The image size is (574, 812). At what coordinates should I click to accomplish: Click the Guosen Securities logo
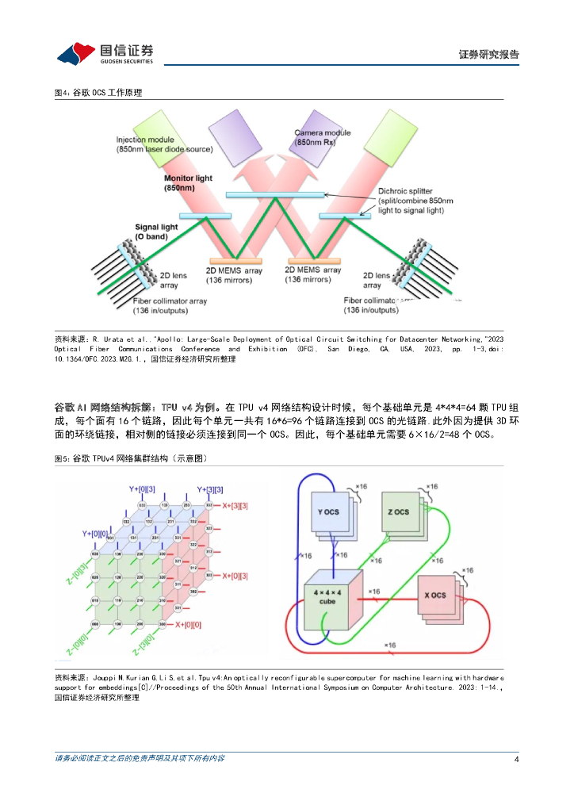coord(104,53)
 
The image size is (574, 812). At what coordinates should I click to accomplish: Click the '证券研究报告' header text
coord(488,55)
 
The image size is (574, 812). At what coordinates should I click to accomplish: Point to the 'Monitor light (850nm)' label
coord(188,183)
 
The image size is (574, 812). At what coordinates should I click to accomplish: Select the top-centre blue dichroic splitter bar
coord(275,194)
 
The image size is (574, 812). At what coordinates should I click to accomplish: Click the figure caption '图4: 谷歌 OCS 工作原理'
coord(98,93)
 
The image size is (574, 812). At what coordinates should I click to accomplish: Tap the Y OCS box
coord(327,512)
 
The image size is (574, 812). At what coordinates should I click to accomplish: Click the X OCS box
coord(434,595)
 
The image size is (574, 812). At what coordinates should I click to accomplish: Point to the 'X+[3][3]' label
coord(235,506)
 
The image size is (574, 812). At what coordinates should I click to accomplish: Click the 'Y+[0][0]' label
coord(94,533)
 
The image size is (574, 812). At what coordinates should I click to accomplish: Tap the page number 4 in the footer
coord(516,759)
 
